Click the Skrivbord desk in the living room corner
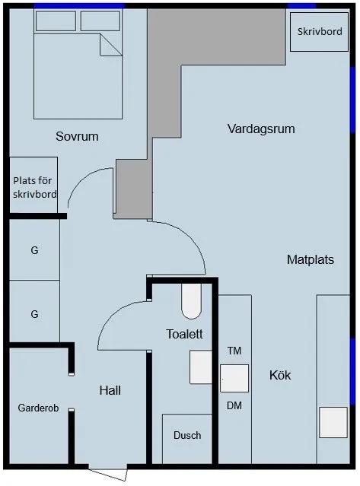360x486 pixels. coord(317,30)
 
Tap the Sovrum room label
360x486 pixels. coord(78,137)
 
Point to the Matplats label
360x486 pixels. coord(311,259)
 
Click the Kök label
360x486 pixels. coord(280,375)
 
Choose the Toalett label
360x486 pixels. coord(184,334)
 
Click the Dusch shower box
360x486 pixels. coord(187,436)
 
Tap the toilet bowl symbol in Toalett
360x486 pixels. coord(191,302)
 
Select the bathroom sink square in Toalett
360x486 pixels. coord(200,367)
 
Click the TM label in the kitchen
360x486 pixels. coord(234,351)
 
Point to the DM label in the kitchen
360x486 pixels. coord(234,406)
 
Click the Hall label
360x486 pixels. coord(110,390)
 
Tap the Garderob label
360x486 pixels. coord(37,408)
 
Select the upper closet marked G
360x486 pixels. coord(34,250)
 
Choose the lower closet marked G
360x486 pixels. coord(34,313)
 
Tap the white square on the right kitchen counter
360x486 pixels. coord(333,422)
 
